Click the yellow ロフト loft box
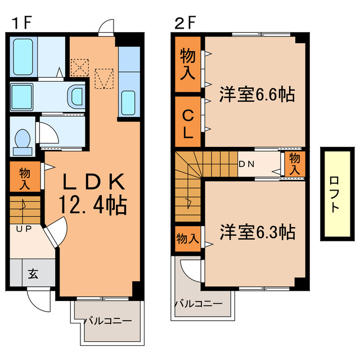[x=334, y=193]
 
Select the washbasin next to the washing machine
[x=74, y=96]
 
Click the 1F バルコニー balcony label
[x=108, y=321]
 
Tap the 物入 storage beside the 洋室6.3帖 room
[x=188, y=238]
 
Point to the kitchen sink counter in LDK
[x=129, y=84]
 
